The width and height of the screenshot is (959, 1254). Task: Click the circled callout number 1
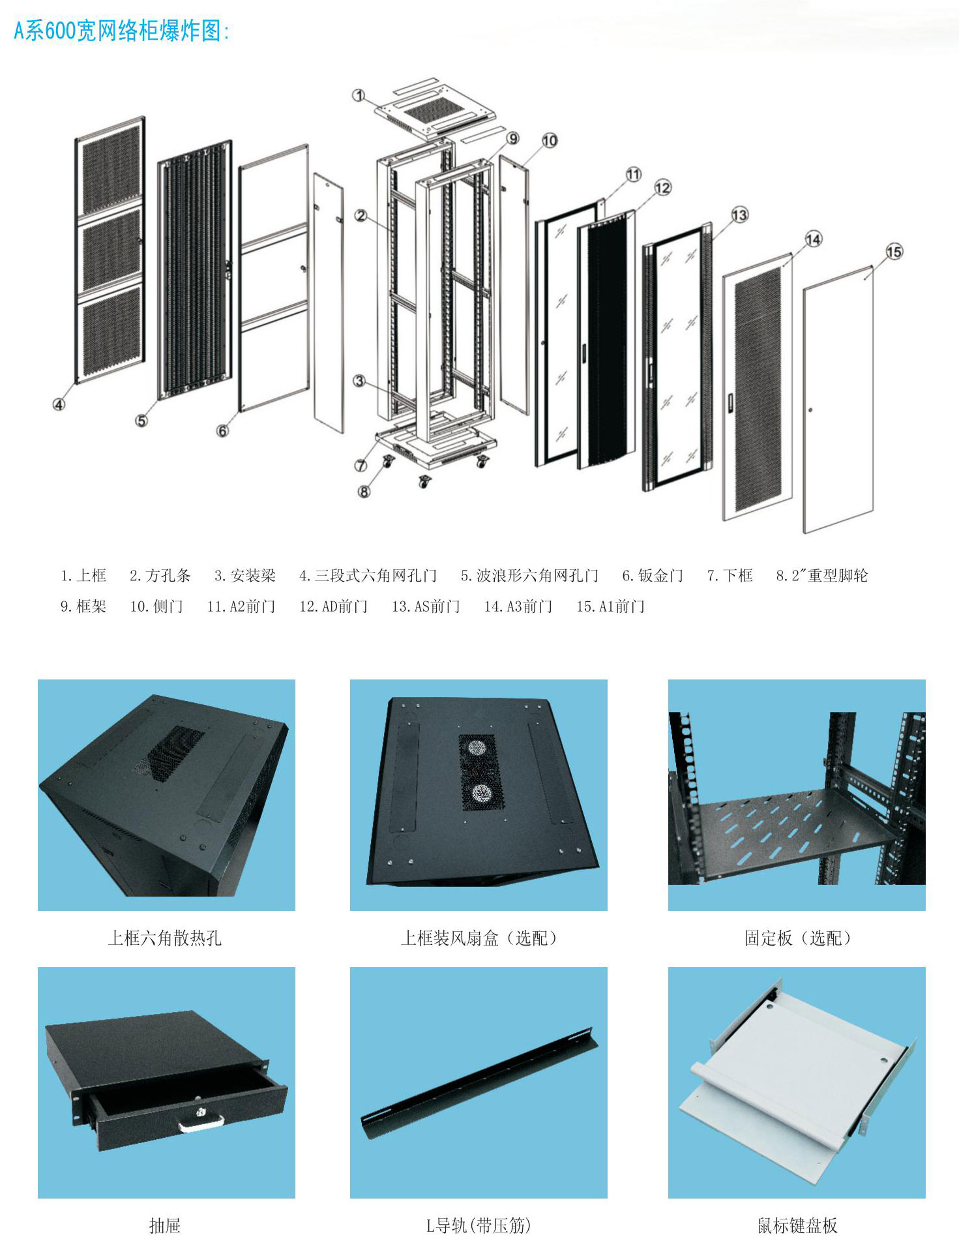359,95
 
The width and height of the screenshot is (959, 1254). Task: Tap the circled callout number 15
894,252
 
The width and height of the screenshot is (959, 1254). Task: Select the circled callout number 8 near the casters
364,491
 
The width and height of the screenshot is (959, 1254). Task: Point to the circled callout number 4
59,404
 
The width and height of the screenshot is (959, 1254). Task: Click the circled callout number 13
739,215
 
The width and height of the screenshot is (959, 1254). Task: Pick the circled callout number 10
550,140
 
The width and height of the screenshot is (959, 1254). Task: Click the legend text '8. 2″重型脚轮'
821,575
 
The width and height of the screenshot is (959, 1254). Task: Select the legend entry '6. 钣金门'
653,575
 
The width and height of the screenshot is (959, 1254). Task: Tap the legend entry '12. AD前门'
333,606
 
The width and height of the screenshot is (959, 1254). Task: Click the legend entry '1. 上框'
83,575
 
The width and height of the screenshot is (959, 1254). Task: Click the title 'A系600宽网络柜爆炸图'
121,31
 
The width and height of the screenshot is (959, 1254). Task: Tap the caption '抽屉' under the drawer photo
164,1226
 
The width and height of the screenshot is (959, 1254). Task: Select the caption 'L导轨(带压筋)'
479,1226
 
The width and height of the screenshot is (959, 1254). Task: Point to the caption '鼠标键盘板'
797,1226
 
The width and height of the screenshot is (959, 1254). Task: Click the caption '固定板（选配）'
797,938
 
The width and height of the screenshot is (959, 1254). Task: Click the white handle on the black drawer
201,1123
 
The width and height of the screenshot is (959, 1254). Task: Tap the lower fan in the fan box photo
481,793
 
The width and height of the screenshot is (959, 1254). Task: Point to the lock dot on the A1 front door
810,410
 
